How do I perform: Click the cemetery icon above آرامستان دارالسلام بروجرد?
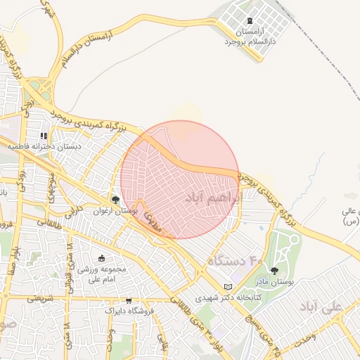251,20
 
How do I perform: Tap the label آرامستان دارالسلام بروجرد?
251,38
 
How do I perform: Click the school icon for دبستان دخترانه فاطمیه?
44,136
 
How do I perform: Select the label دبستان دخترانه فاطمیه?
44,147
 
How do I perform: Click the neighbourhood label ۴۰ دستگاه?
234,262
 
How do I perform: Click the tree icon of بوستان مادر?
274,271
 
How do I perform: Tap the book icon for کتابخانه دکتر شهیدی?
227,287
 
